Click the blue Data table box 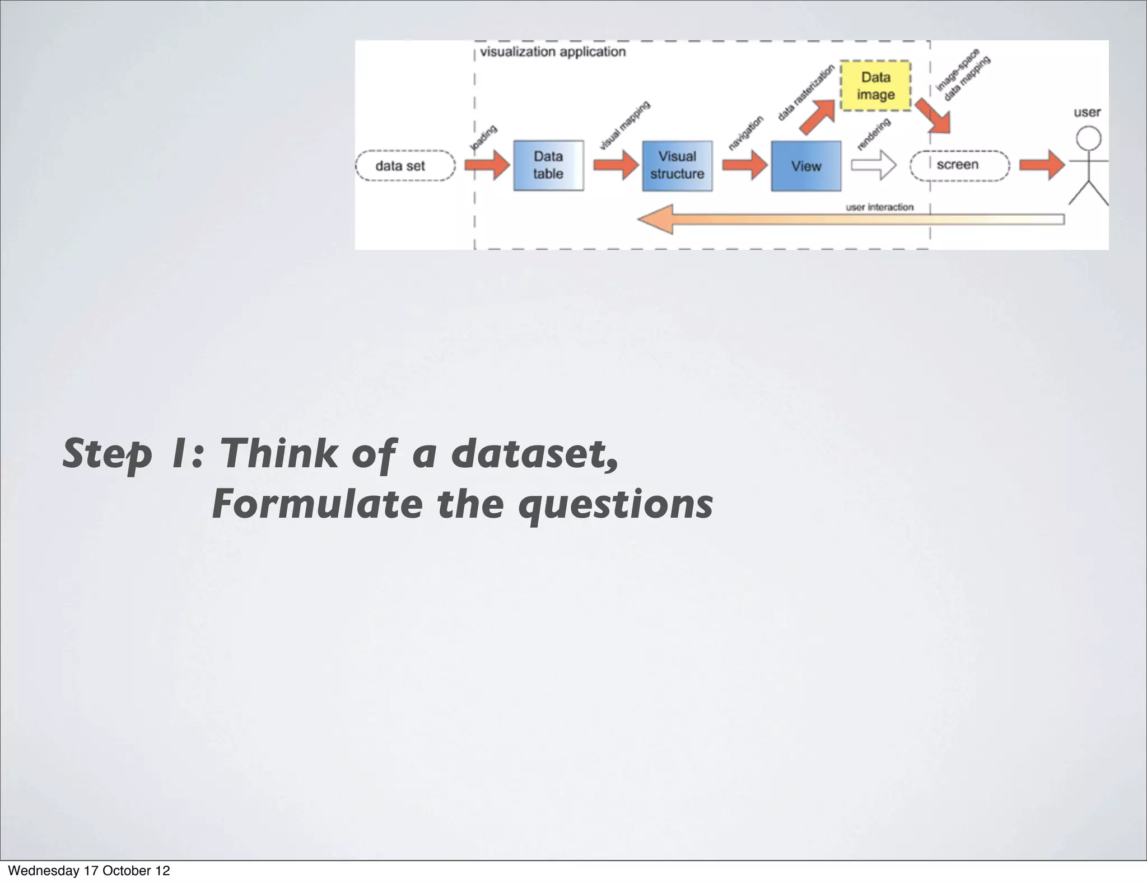[x=548, y=165]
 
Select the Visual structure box [x=677, y=166]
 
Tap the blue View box [x=805, y=166]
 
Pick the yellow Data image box [x=875, y=86]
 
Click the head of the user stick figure [x=1088, y=138]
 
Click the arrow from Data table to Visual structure [x=615, y=165]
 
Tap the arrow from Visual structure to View [x=744, y=165]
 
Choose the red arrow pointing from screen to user [x=1041, y=165]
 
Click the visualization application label [x=553, y=52]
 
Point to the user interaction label [x=879, y=207]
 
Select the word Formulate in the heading [x=317, y=504]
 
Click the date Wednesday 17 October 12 [x=88, y=871]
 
